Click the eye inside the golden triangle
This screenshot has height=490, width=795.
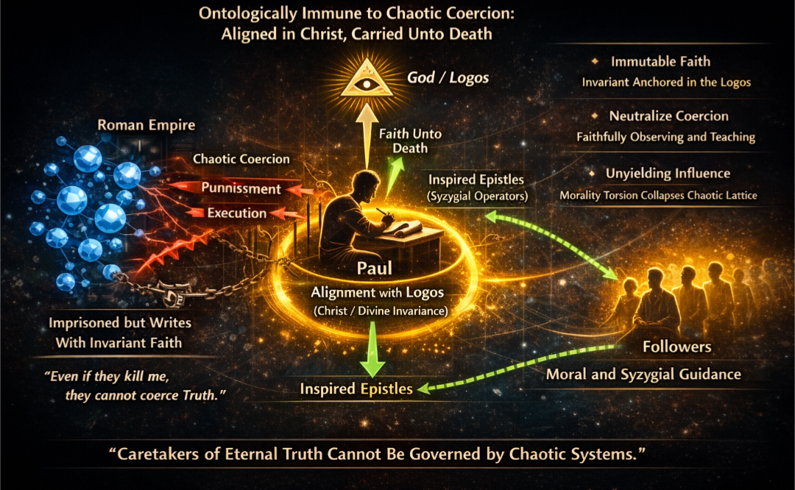(x=366, y=82)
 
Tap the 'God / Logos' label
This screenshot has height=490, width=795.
(x=448, y=77)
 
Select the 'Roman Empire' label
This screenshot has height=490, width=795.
(x=146, y=124)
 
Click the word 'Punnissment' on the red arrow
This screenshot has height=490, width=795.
(x=241, y=188)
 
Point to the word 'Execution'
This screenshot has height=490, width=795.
(x=237, y=213)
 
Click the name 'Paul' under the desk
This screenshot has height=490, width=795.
(x=374, y=268)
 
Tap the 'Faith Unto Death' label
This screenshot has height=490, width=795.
(x=410, y=141)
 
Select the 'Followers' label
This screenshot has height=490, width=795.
(x=677, y=347)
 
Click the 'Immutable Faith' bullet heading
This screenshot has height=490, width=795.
(x=660, y=61)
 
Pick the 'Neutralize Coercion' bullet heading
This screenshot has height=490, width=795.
(x=668, y=116)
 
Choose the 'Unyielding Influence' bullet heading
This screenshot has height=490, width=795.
(x=668, y=174)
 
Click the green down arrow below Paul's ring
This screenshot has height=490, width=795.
(x=372, y=349)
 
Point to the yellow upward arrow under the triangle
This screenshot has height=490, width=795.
(x=366, y=136)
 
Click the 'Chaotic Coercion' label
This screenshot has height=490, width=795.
(x=241, y=159)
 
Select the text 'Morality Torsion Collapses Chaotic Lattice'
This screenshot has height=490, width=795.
(x=658, y=196)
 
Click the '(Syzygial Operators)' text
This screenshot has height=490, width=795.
(x=477, y=196)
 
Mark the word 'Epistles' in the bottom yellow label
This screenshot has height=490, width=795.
(x=387, y=388)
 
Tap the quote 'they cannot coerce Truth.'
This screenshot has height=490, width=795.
(x=145, y=395)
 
